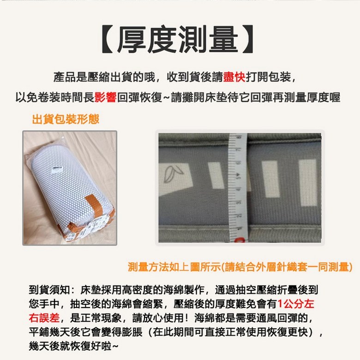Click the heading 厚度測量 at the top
tap(178, 39)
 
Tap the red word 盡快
tap(234, 77)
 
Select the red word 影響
tap(105, 97)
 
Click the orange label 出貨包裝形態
tap(66, 120)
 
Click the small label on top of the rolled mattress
tap(57, 168)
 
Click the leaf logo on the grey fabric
tap(173, 174)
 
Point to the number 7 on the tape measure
tap(238, 150)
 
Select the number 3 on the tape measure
tap(238, 203)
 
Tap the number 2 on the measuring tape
tap(239, 216)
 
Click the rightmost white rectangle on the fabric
tap(308, 182)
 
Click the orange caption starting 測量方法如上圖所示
tap(240, 267)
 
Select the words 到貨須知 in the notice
tap(49, 290)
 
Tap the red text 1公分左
tap(295, 304)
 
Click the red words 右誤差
tap(44, 318)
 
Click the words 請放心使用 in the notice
tap(158, 318)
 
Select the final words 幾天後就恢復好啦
tap(70, 346)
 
